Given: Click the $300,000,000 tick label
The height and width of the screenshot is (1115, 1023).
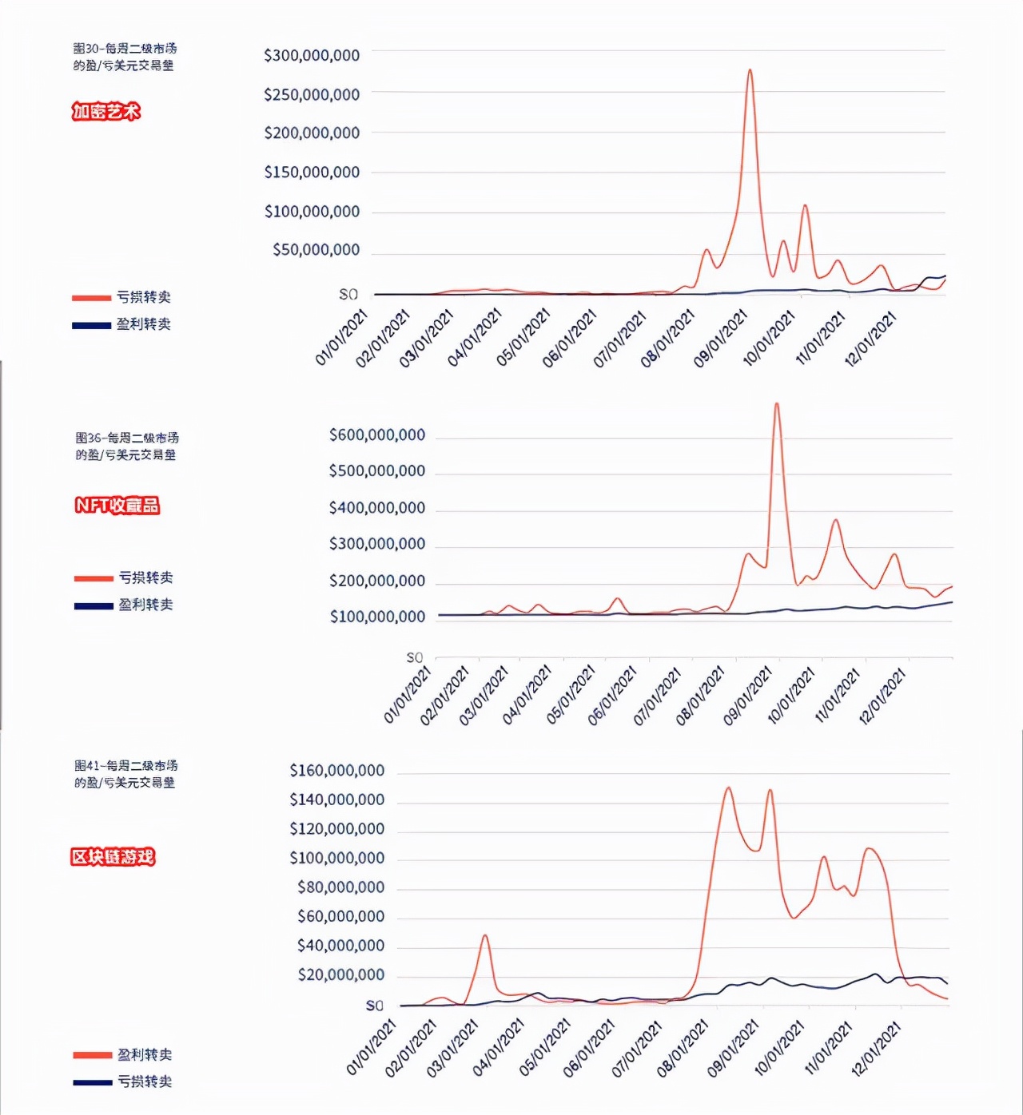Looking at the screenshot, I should [x=312, y=55].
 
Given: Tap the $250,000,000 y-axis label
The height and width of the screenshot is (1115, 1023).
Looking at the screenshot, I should [x=312, y=94].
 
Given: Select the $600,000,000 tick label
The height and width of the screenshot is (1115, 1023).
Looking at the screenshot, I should [x=376, y=435].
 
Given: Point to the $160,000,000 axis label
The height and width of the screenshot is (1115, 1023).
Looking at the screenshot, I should [x=336, y=771].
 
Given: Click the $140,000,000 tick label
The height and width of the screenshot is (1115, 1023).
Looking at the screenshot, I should [x=336, y=800].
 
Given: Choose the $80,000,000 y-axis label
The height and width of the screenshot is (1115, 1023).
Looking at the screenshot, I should [x=340, y=887].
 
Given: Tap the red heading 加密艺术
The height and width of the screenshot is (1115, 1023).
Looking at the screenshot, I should [x=105, y=112].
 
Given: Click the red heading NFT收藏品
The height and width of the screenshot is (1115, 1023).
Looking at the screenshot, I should [x=117, y=506].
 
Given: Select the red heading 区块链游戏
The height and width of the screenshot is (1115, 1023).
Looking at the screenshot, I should [x=113, y=857].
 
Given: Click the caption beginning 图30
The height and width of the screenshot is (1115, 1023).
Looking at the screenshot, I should [x=124, y=57].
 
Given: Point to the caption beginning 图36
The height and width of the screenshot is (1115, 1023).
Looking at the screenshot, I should [x=126, y=446].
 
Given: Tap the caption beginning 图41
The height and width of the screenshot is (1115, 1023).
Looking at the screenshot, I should [x=125, y=774].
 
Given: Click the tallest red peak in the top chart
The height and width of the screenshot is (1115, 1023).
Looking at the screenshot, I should [x=750, y=70].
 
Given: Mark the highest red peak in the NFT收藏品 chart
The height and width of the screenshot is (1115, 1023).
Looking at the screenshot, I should [x=777, y=404].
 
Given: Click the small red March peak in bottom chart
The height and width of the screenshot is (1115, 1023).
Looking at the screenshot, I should [x=485, y=936].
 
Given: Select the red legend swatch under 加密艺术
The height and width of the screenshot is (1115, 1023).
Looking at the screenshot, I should [x=91, y=298].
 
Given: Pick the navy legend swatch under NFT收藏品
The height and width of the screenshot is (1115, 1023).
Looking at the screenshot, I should [x=94, y=605].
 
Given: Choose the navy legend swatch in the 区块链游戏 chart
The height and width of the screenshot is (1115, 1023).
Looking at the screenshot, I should [x=92, y=1082].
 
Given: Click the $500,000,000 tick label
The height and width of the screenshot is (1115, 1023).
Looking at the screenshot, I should [x=376, y=471].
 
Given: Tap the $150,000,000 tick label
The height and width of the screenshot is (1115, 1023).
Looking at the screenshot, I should [x=312, y=172].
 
